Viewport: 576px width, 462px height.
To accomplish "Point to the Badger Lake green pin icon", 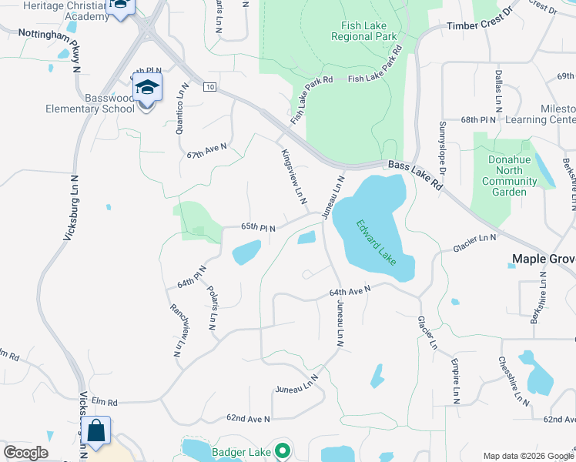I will (283, 451).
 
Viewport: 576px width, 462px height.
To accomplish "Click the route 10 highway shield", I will (209, 87).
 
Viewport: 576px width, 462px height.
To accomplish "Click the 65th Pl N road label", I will (259, 227).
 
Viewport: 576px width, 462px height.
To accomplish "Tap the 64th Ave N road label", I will (350, 291).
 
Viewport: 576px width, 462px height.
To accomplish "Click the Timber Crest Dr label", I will (479, 25).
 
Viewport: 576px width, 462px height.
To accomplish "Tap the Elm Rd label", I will (104, 401).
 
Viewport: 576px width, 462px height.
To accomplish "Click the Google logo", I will (25, 453).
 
